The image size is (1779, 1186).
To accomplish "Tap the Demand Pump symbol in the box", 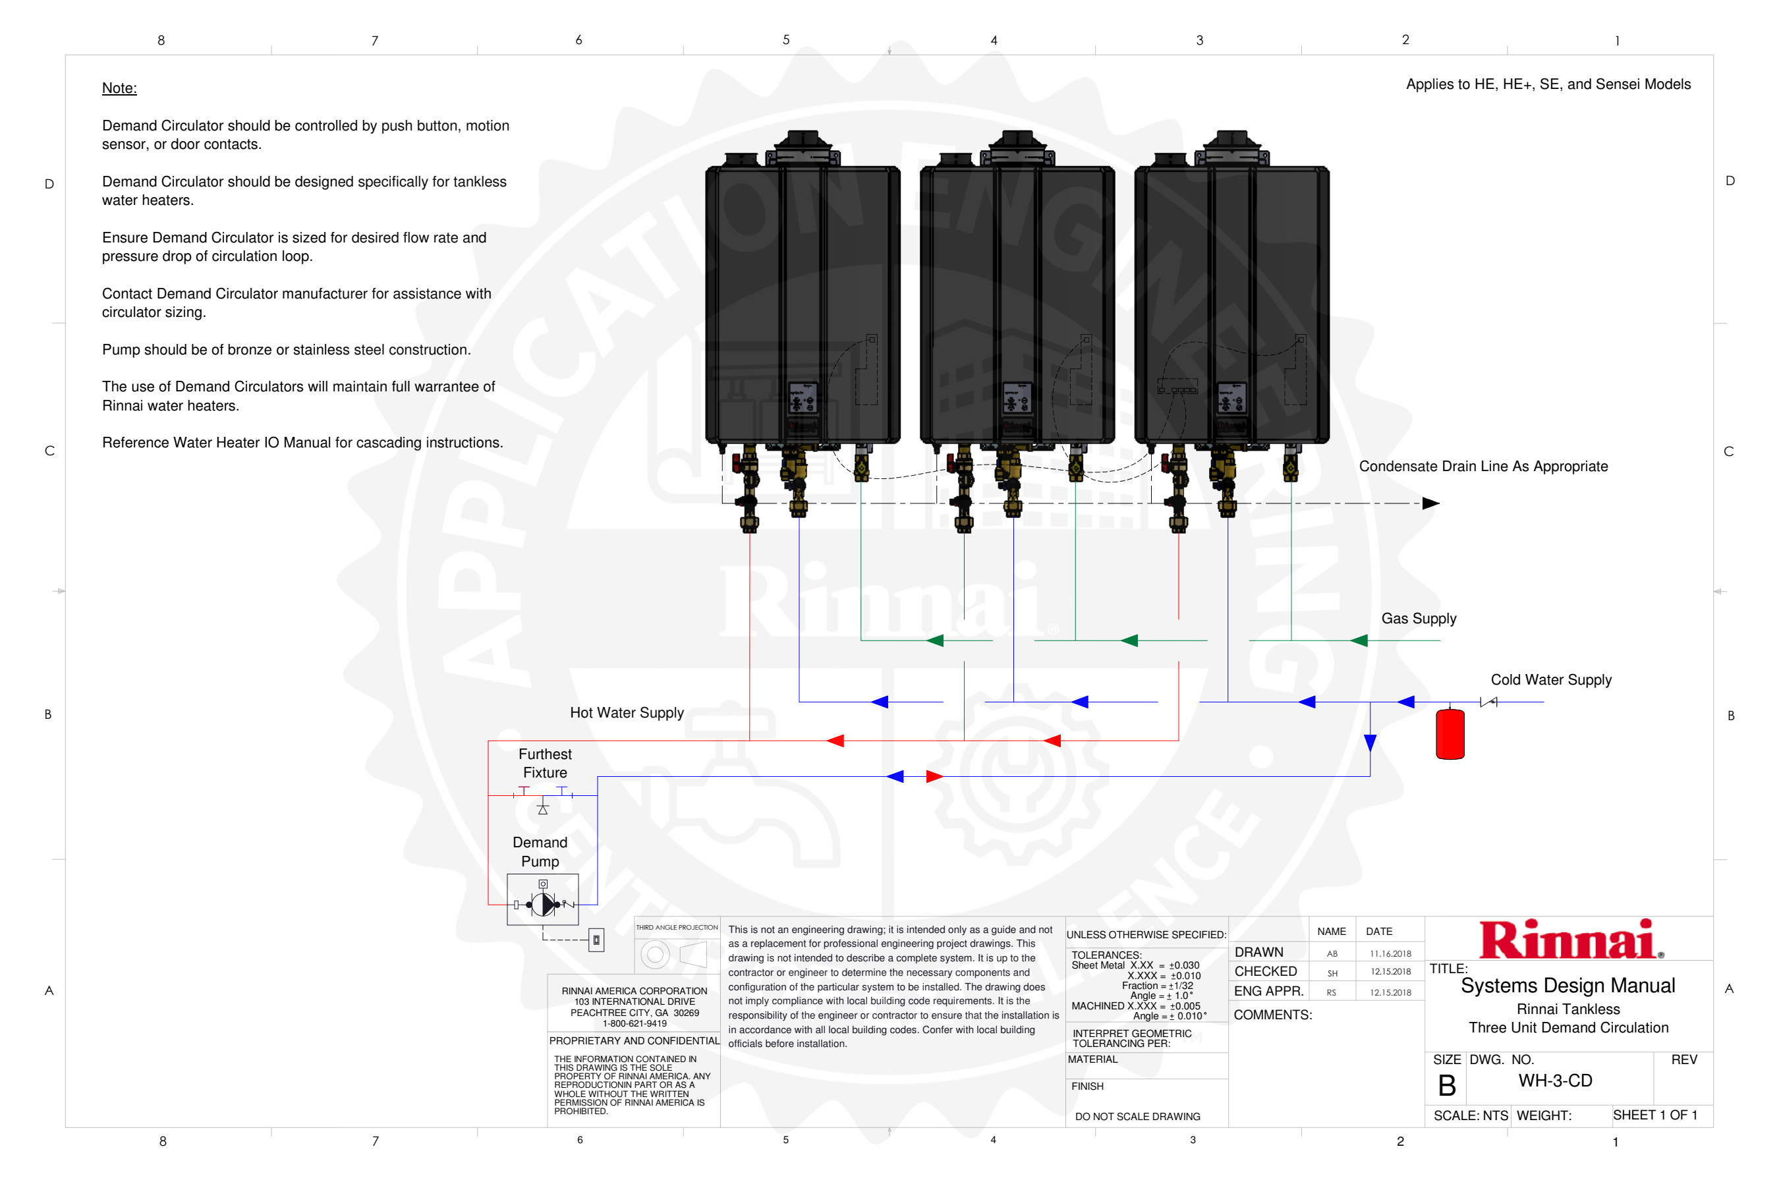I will click(x=543, y=904).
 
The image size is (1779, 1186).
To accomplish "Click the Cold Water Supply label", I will click(x=1550, y=680).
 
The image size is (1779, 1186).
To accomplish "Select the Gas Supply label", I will click(x=1418, y=619).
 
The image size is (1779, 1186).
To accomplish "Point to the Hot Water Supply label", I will click(x=627, y=712).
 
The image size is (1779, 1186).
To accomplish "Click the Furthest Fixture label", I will click(x=545, y=763).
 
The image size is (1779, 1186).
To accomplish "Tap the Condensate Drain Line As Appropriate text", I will click(x=1482, y=466).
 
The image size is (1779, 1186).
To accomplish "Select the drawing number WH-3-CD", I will click(x=1555, y=1081).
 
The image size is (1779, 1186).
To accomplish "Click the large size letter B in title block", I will click(x=1446, y=1086).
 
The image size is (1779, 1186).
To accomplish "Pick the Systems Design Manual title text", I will click(x=1567, y=986).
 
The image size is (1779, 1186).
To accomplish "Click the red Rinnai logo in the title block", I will click(x=1569, y=940).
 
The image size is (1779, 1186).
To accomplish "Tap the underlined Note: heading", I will click(x=119, y=88).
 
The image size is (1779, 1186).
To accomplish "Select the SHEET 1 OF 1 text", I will click(x=1655, y=1115).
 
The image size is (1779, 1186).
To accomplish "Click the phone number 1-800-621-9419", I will click(x=635, y=1023).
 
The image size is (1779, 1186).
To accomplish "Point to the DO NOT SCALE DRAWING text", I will click(x=1137, y=1116).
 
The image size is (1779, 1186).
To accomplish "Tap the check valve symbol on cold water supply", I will click(x=1488, y=702).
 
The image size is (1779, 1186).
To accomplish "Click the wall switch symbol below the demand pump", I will click(x=596, y=940).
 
